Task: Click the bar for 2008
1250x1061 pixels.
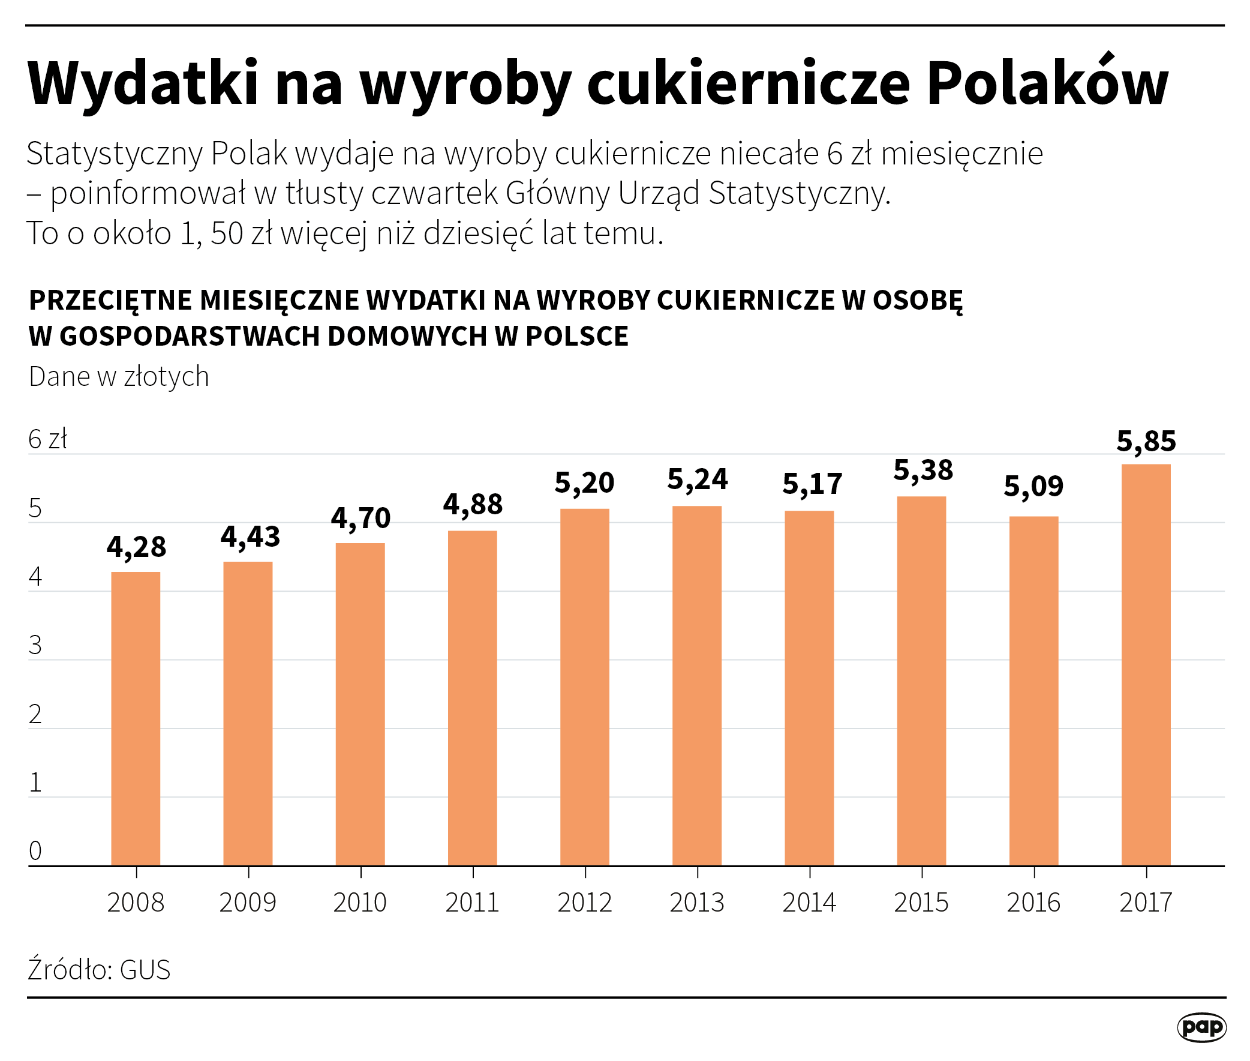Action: click(x=136, y=719)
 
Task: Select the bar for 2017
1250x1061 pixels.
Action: click(x=1146, y=665)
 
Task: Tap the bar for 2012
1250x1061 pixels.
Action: click(x=584, y=687)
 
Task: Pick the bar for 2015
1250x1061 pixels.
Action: click(x=921, y=681)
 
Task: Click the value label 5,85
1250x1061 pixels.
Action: click(x=1146, y=442)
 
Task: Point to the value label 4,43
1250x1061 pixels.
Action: click(x=250, y=537)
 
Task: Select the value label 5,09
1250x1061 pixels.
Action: click(x=1033, y=487)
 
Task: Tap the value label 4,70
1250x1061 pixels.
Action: click(x=360, y=518)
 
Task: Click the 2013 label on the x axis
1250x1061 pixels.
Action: click(x=697, y=903)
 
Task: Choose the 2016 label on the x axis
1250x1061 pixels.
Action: click(x=1033, y=903)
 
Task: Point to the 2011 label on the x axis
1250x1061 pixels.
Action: click(x=472, y=903)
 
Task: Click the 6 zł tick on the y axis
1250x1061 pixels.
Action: click(x=47, y=440)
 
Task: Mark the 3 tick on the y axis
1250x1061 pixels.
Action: click(x=35, y=645)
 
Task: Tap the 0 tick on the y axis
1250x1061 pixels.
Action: click(x=35, y=851)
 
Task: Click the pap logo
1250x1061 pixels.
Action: click(x=1201, y=1027)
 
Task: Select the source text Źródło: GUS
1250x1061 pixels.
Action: click(x=99, y=970)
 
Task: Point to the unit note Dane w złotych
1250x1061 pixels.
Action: click(x=118, y=377)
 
